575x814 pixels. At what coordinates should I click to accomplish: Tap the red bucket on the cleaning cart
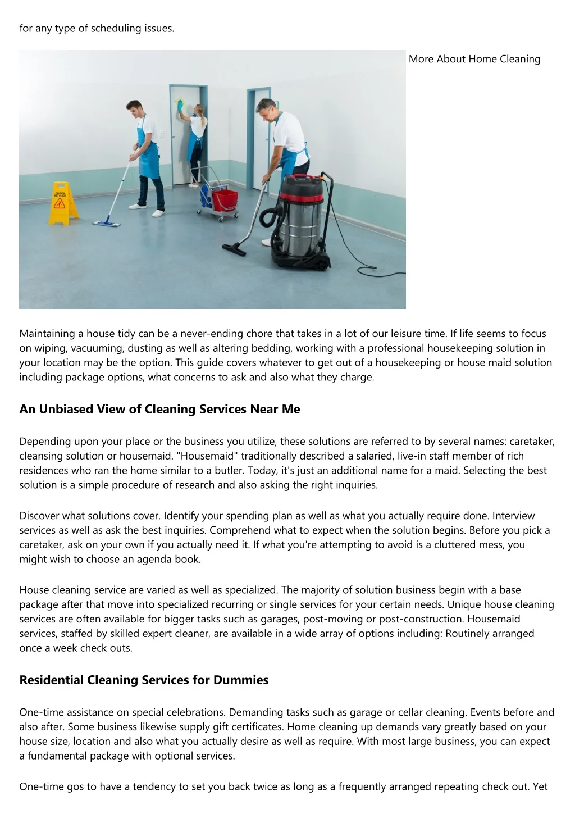coord(225,198)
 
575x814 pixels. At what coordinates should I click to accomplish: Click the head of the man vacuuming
coord(267,108)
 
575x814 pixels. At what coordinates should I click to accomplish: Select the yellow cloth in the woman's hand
coord(180,102)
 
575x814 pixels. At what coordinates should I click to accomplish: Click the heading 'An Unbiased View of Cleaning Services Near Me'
coord(159,409)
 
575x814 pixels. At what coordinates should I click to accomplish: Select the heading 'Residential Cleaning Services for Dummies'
coord(144,680)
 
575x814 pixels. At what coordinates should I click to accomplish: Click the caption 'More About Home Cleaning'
coord(474,59)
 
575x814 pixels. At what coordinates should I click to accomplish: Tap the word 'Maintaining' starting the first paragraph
coord(47,334)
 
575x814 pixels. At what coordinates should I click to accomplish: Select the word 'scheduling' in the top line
coord(116,28)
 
